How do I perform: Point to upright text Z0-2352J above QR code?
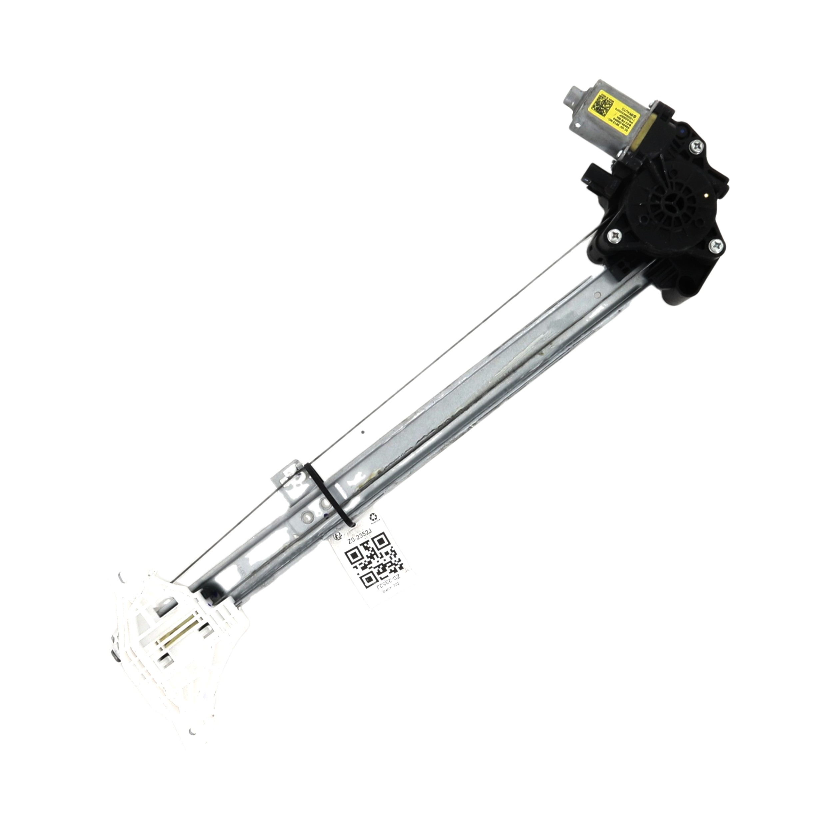[361, 535]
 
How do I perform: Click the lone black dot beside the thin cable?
[363, 431]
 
